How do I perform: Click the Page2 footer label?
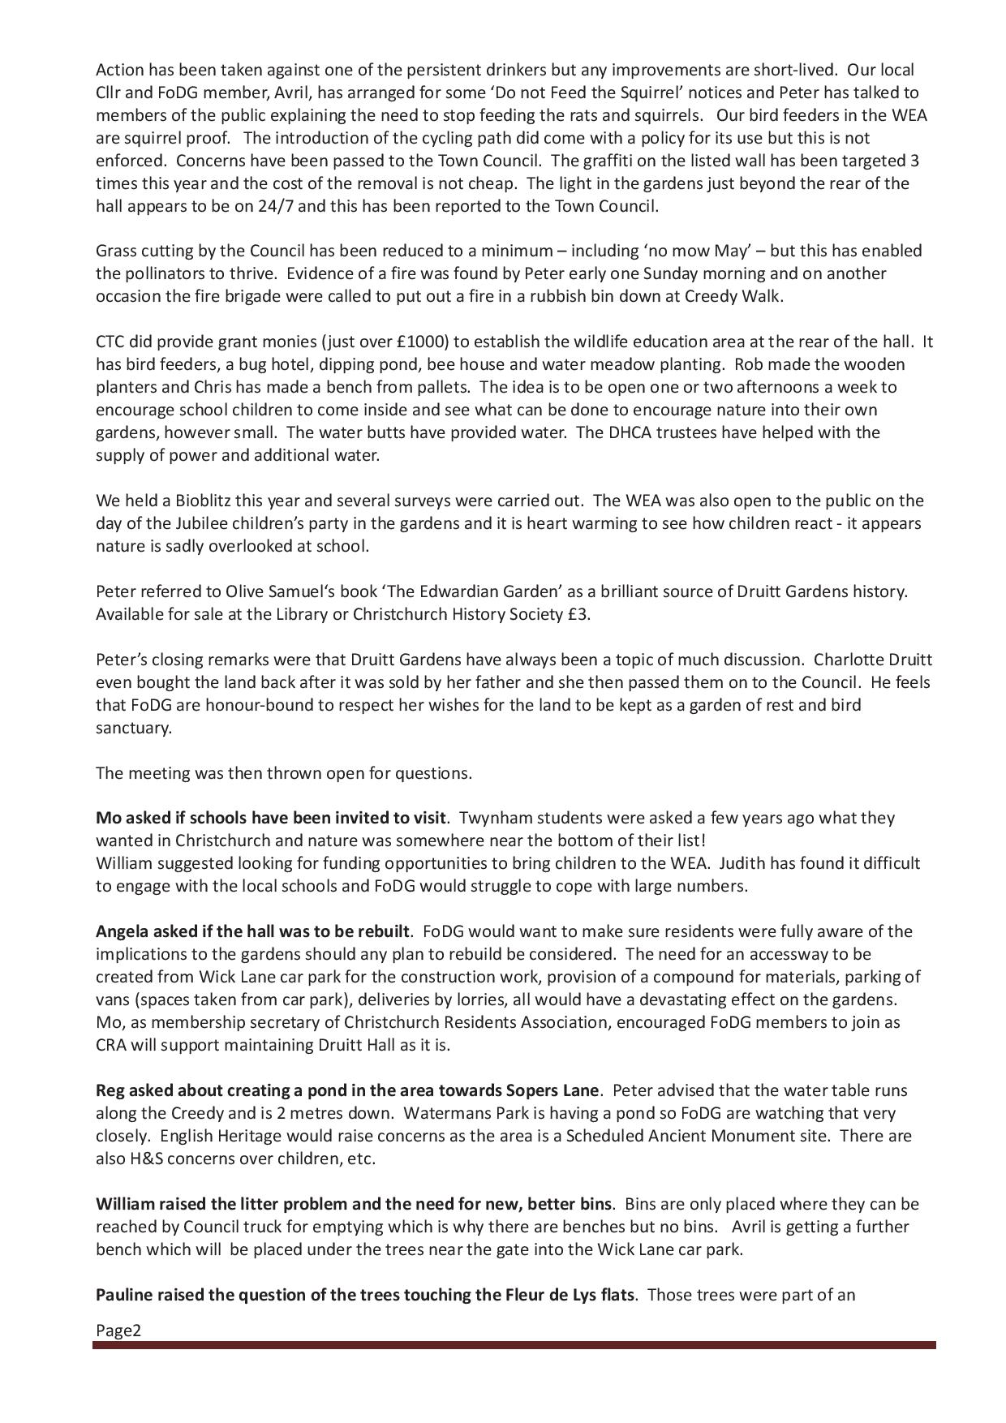(x=118, y=1331)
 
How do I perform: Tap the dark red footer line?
(x=514, y=1346)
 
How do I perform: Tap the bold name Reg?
(x=110, y=1090)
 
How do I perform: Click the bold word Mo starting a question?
(x=107, y=818)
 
